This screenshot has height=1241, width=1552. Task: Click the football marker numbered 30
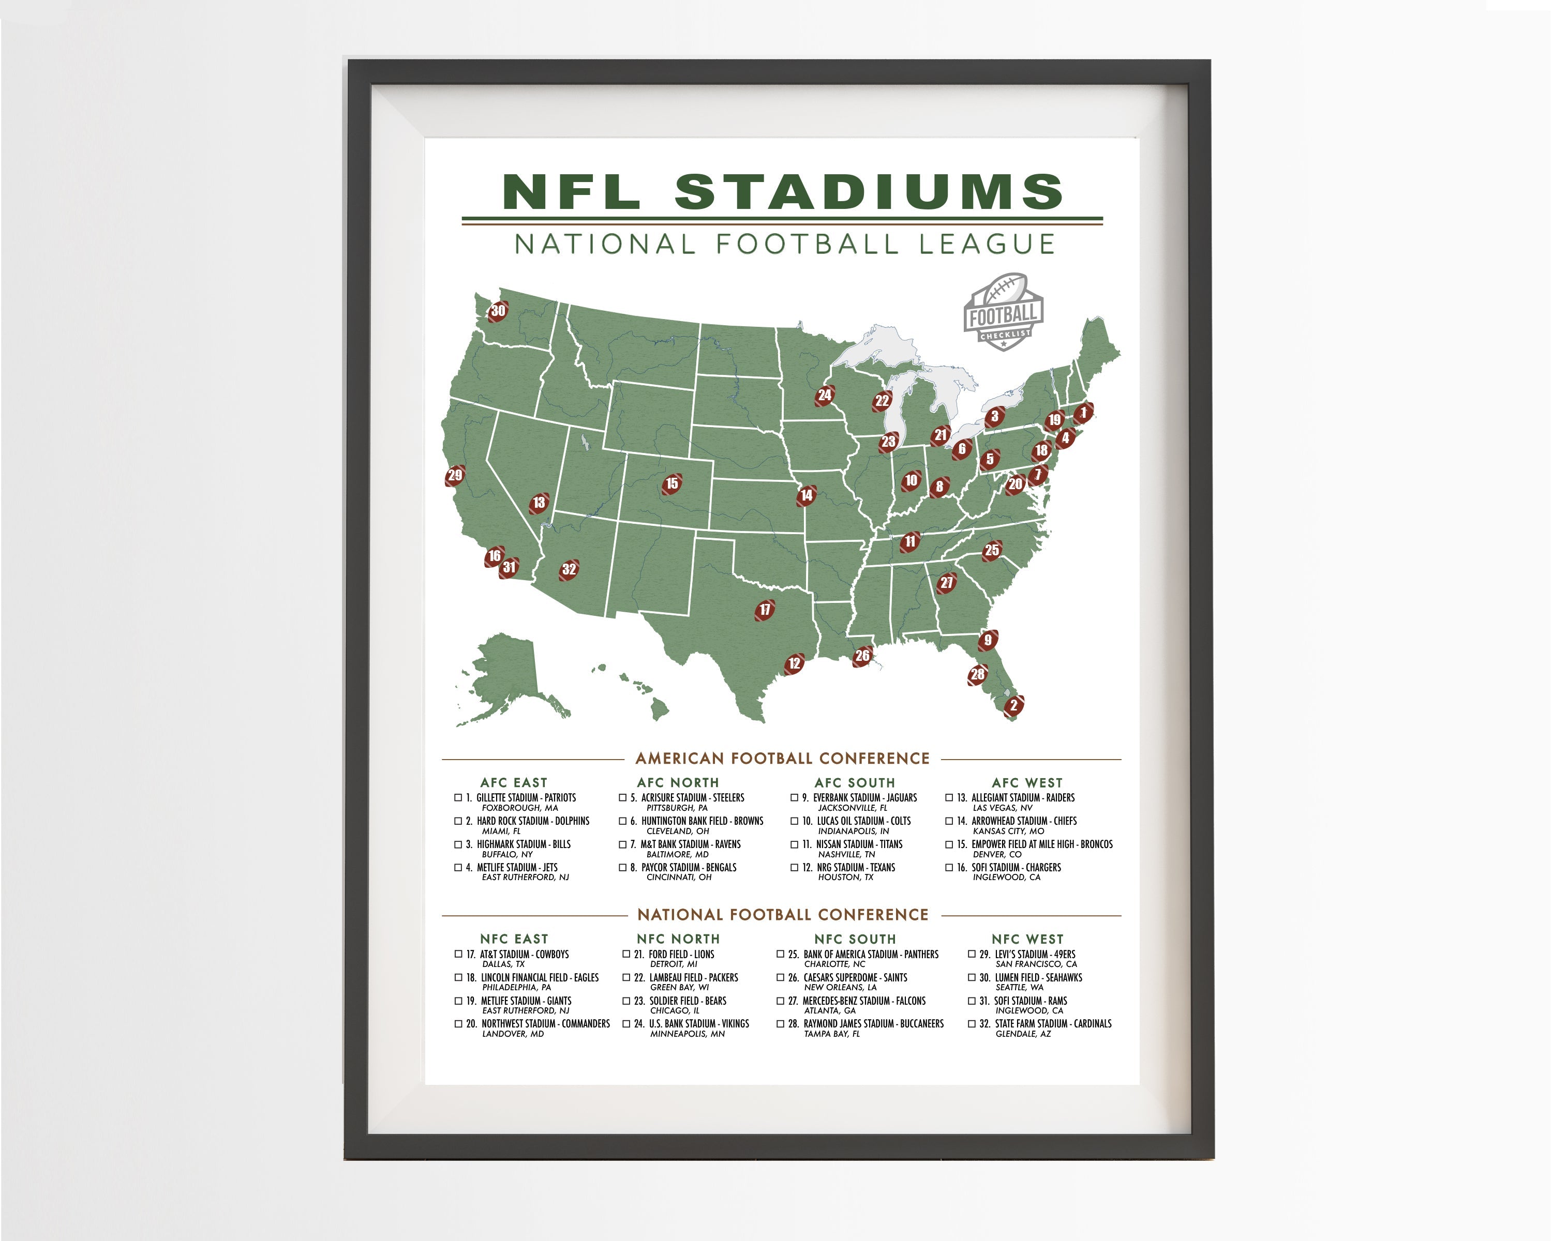click(498, 311)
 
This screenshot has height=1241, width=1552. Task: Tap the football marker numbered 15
click(671, 483)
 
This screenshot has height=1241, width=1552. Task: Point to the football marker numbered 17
click(765, 610)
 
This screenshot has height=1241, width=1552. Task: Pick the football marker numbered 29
click(455, 475)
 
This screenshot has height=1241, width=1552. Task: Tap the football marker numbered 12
click(794, 663)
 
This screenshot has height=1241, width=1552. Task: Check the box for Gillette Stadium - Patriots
click(458, 797)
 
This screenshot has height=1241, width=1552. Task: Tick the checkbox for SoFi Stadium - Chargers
click(949, 867)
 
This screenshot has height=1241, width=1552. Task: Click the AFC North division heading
click(677, 782)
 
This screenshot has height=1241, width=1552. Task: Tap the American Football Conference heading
click(783, 758)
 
